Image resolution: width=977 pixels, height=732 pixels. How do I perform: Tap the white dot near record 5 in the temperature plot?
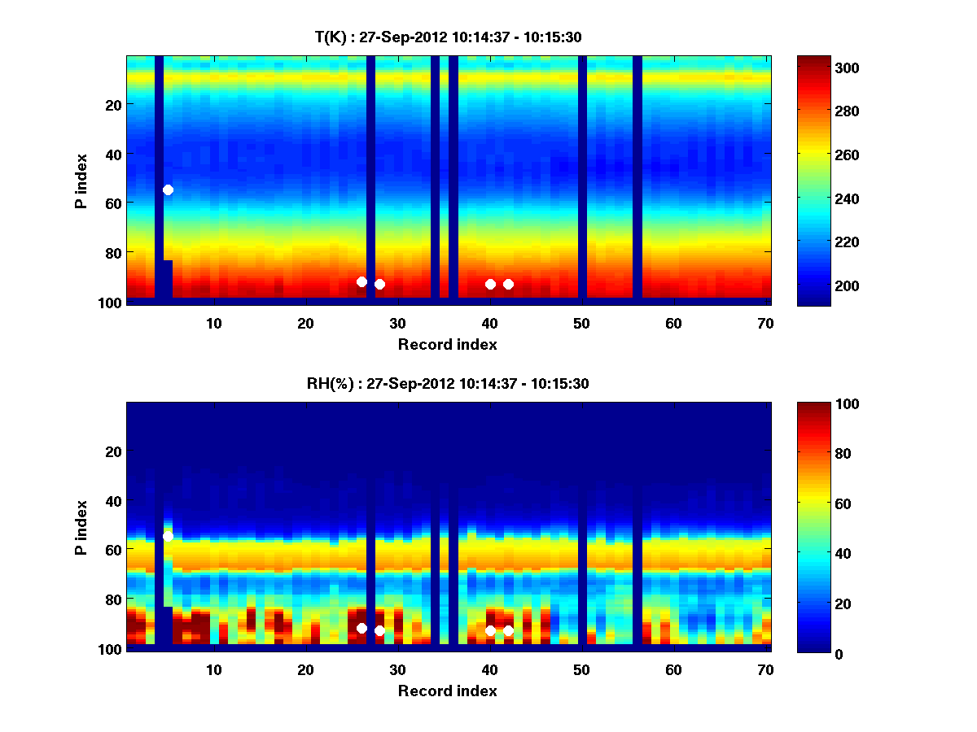(168, 190)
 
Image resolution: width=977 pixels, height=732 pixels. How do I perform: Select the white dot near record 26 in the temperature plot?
(361, 281)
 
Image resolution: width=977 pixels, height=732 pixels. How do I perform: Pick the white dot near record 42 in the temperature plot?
(508, 284)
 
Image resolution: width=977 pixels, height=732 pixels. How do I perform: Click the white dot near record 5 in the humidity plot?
(168, 536)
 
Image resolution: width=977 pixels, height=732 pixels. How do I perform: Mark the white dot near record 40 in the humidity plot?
(490, 630)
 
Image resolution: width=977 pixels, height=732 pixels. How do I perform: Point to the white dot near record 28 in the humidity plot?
(379, 630)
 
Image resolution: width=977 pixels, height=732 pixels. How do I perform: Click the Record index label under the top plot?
(447, 345)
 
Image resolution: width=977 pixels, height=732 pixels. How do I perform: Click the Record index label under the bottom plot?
(447, 691)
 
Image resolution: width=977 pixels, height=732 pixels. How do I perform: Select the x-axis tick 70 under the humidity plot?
(765, 670)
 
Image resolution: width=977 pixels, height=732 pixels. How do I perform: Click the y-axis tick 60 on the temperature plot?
(113, 203)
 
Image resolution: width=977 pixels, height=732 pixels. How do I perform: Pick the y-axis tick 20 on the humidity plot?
(113, 451)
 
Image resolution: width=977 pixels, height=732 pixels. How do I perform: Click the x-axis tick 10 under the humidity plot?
(213, 670)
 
